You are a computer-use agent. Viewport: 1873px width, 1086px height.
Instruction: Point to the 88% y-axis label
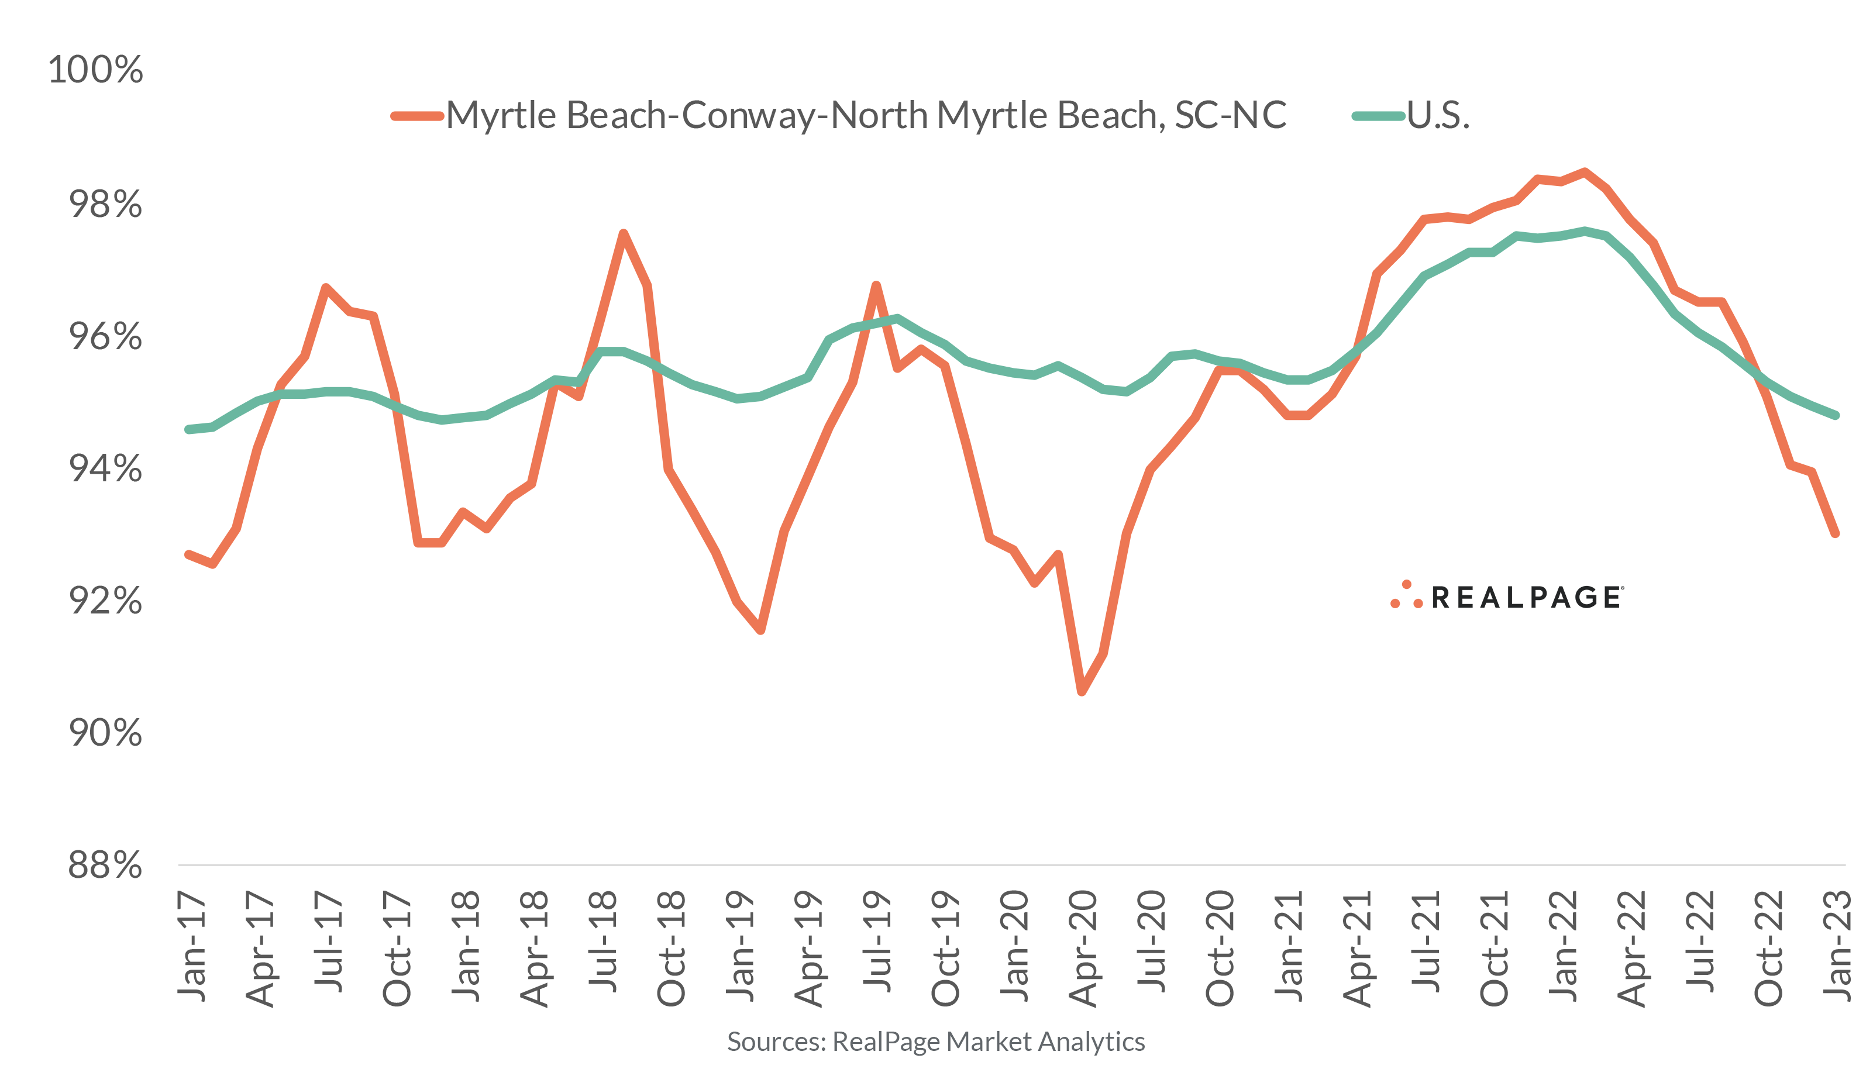tap(105, 865)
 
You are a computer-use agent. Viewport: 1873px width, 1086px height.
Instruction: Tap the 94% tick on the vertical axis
tap(105, 468)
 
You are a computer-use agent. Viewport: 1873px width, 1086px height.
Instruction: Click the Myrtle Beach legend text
tap(866, 115)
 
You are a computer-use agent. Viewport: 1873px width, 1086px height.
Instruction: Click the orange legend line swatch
tap(417, 116)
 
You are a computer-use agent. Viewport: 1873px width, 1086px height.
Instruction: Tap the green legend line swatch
tap(1378, 116)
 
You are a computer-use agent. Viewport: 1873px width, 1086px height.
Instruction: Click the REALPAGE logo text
tap(1527, 598)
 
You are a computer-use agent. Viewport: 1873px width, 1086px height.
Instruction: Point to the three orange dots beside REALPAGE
tap(1406, 595)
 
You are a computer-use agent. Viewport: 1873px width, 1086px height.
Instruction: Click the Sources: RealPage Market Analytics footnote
tap(936, 1042)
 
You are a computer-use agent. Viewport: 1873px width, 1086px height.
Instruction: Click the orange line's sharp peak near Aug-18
tap(624, 234)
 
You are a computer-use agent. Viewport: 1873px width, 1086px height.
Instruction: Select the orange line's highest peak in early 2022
tap(1585, 173)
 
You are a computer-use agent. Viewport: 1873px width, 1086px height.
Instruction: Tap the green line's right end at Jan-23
tap(1836, 416)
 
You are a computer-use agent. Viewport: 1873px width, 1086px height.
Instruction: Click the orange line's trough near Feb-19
tap(761, 630)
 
